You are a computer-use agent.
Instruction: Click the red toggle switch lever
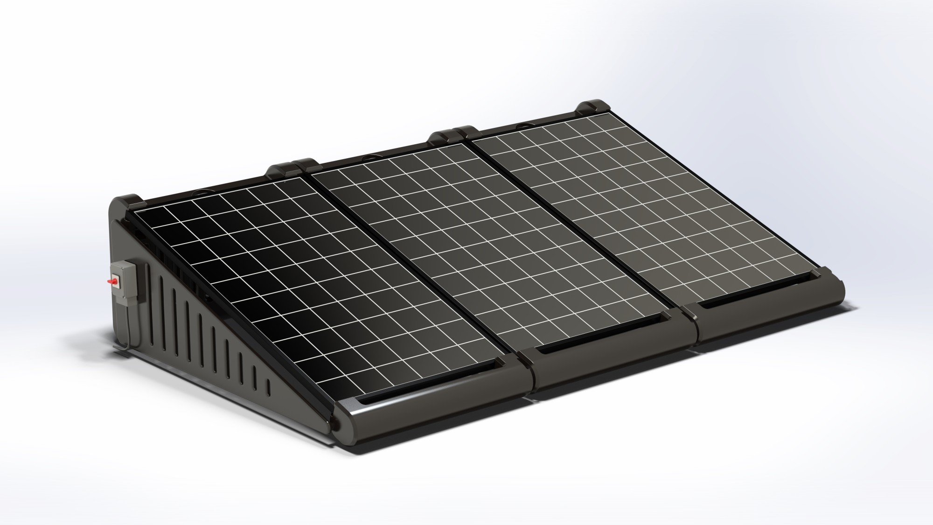(x=112, y=281)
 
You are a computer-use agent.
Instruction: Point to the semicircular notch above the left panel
(x=205, y=190)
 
